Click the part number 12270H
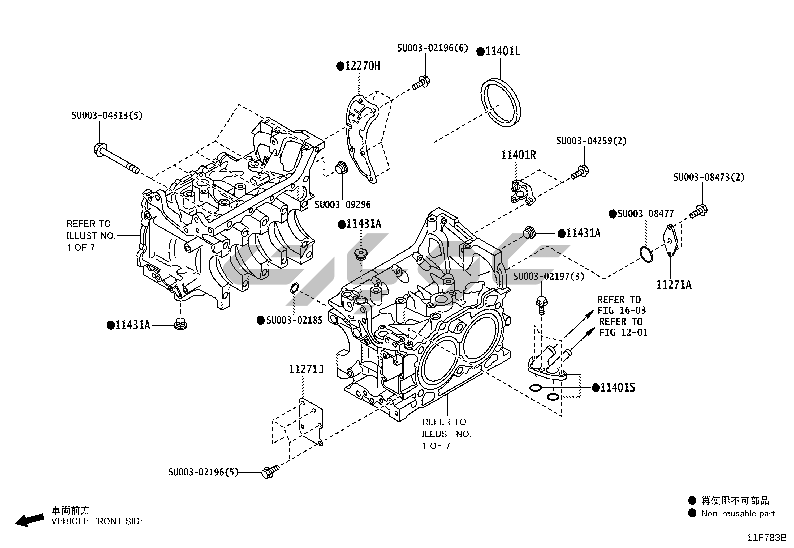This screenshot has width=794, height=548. tap(362, 65)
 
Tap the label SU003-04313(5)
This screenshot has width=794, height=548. tap(107, 115)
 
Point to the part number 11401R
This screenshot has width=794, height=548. tap(519, 155)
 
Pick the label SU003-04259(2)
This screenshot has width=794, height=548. tap(592, 141)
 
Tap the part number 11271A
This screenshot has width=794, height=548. tap(674, 285)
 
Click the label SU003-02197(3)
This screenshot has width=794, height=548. tap(548, 276)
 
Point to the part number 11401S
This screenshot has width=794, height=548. tap(617, 387)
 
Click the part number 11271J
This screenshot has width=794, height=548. tap(306, 369)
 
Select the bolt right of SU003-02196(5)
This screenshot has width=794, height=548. tap(270, 470)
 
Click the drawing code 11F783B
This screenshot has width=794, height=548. tap(766, 538)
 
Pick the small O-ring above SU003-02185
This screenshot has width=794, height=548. tap(295, 288)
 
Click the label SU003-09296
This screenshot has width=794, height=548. tap(343, 204)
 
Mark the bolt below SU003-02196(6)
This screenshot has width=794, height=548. tap(421, 83)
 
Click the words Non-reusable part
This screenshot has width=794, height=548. tap(738, 513)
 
